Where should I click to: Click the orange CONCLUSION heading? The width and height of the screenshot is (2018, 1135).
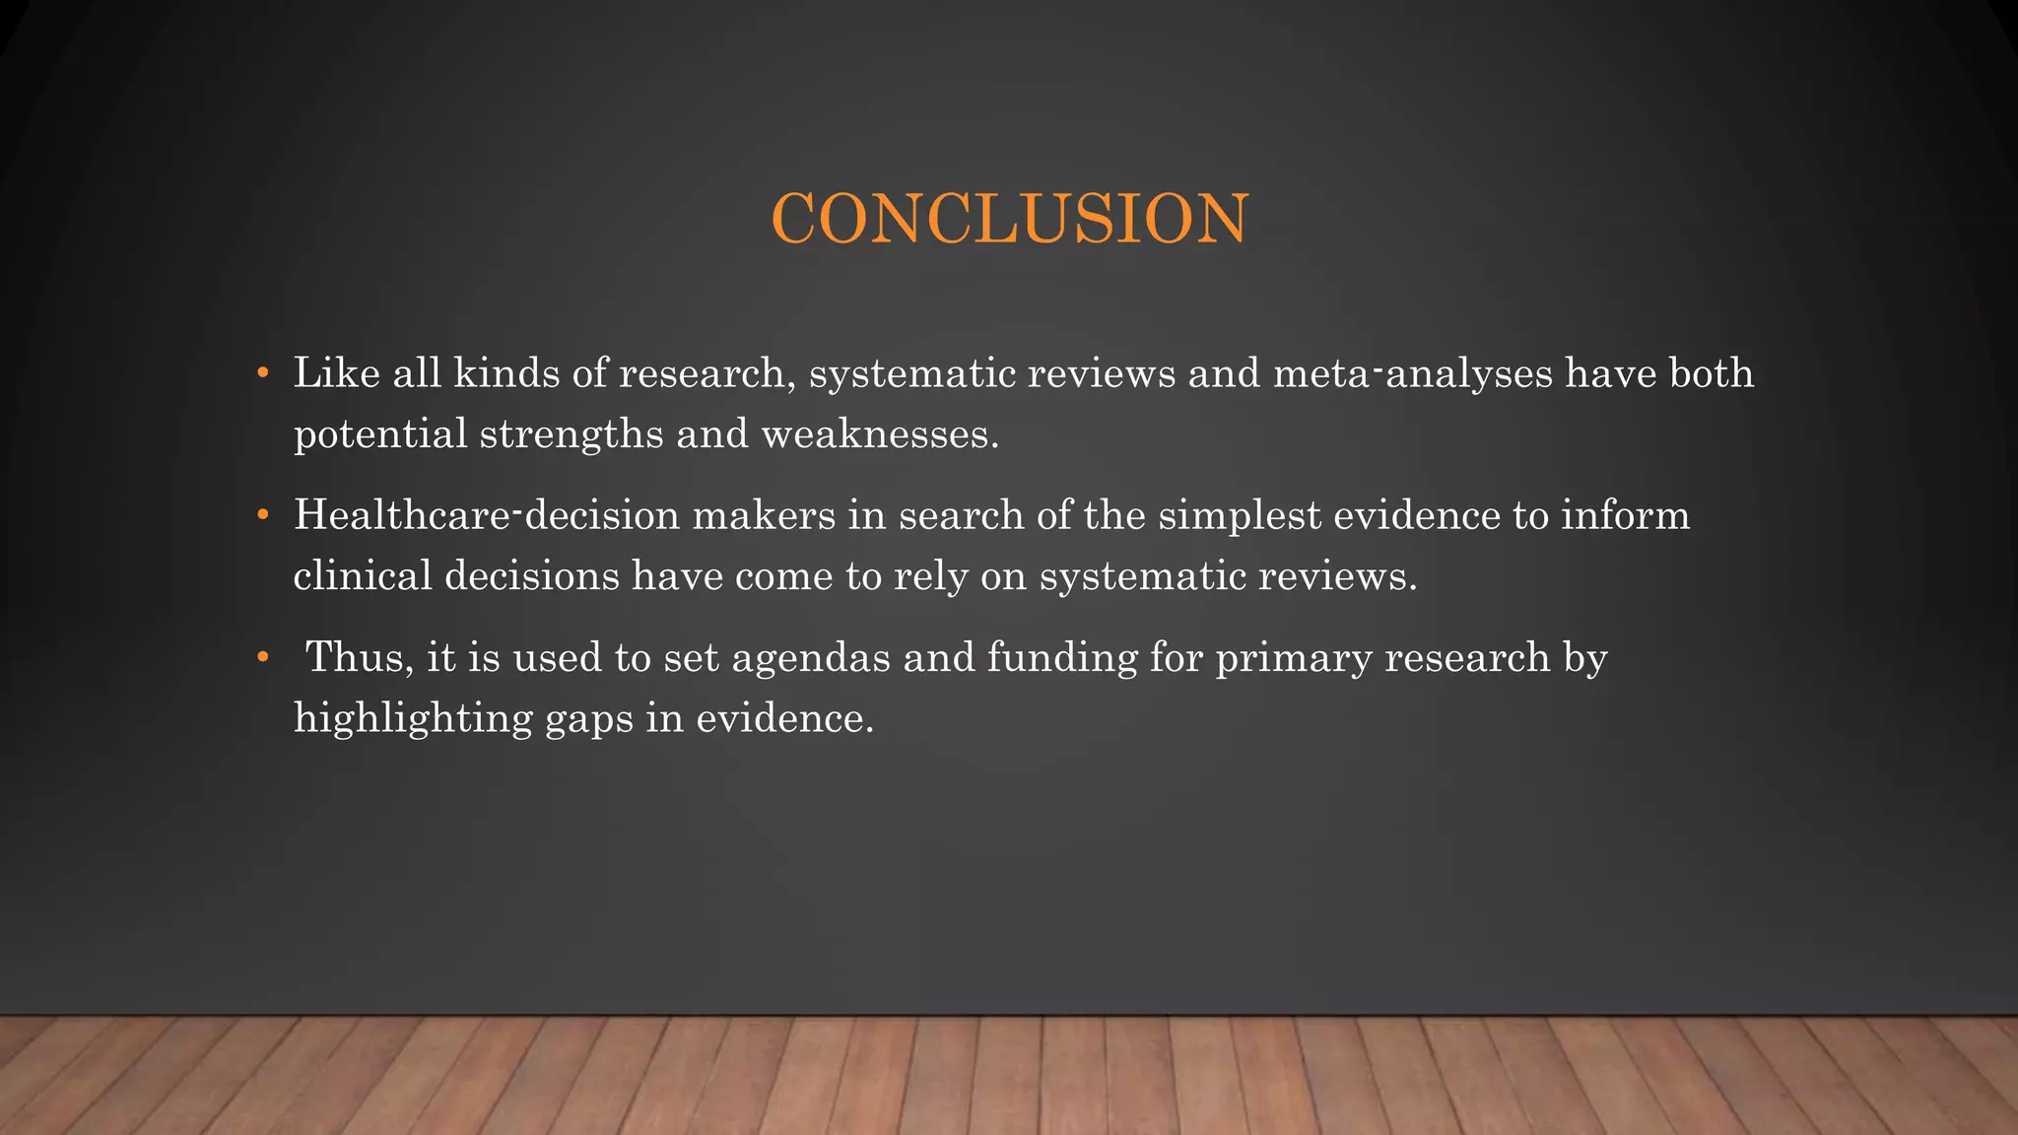tap(1010, 218)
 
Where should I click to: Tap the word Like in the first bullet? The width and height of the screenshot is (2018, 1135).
tap(336, 373)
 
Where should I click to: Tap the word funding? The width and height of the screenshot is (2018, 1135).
tap(1061, 657)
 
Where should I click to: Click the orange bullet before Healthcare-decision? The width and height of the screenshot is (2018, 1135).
tap(262, 515)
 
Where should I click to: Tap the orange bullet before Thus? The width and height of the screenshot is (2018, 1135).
tap(262, 657)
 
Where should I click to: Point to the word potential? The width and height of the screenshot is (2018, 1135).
tap(380, 434)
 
